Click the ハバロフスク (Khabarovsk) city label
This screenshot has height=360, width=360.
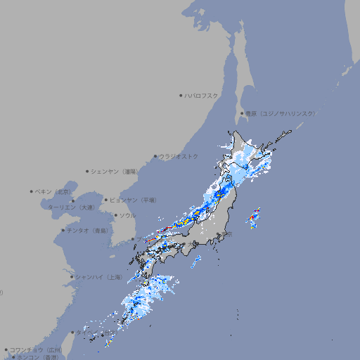tap(202, 95)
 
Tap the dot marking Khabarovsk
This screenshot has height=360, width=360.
tap(181, 95)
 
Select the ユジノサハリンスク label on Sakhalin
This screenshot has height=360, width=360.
tap(281, 113)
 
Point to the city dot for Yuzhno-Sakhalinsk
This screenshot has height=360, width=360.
tap(242, 113)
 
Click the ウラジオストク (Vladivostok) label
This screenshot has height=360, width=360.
tap(179, 156)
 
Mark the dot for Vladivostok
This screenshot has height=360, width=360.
tap(155, 156)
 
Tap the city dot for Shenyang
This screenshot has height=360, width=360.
tap(88, 171)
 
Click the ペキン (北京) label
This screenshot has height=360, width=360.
tap(53, 191)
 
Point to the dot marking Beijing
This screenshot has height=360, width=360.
tap(32, 191)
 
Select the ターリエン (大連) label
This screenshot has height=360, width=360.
tap(70, 207)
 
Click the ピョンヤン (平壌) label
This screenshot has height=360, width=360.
tap(133, 200)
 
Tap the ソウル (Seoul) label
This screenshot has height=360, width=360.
tap(127, 215)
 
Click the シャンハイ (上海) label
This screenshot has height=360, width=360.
tap(98, 277)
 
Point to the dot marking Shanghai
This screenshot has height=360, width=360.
tap(72, 277)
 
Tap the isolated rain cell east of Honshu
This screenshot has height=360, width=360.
tap(254, 219)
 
